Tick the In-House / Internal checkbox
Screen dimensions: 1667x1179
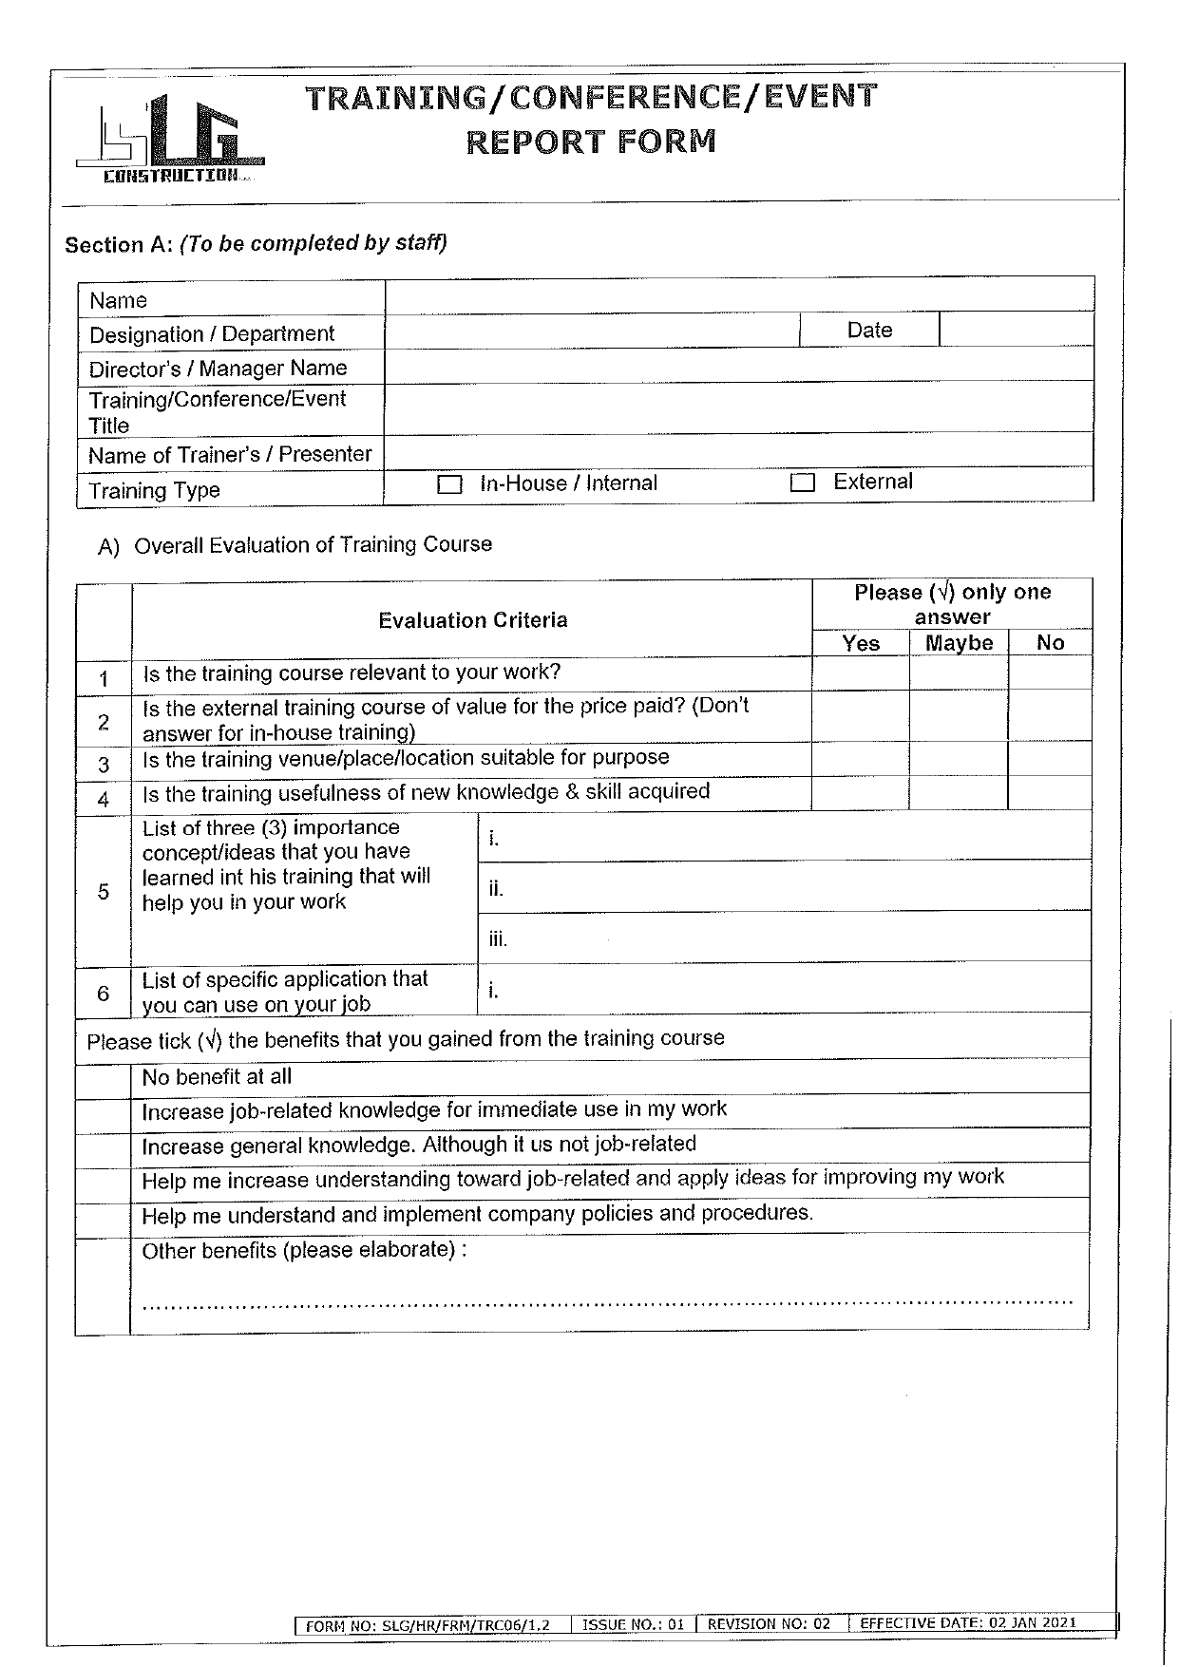448,485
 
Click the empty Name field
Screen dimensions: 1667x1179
739,296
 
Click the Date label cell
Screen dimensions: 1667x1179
869,331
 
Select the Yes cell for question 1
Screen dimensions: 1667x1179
861,673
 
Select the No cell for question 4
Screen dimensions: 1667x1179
1049,793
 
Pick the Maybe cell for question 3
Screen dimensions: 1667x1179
958,760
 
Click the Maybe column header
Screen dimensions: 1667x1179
959,643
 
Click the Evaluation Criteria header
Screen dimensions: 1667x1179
472,620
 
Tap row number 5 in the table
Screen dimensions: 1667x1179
104,892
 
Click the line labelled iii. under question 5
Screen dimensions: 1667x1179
784,938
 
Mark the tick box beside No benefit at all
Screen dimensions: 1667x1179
103,1079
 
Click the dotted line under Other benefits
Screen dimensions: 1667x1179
608,1303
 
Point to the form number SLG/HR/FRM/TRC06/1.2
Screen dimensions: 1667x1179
428,1625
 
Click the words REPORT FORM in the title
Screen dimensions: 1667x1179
591,142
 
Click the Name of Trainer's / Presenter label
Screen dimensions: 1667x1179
230,455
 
